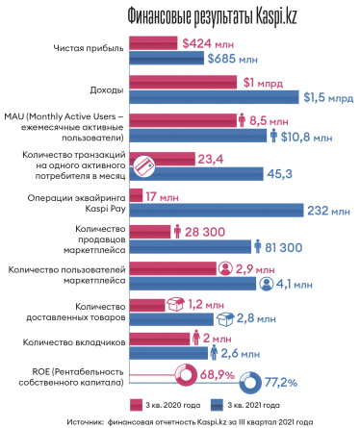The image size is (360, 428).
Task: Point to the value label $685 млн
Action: pos(234,58)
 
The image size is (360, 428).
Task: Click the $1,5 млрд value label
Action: pos(323,96)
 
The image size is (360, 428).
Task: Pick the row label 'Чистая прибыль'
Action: pos(86,50)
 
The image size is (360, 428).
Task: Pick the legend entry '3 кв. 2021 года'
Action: pos(288,404)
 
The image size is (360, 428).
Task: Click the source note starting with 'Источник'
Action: pos(180,421)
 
